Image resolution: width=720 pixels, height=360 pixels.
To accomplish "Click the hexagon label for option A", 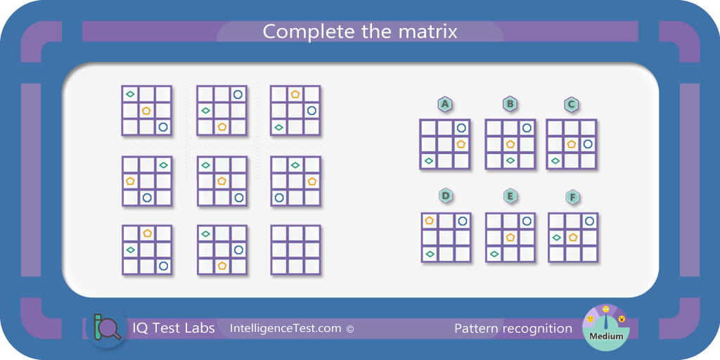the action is pyautogui.click(x=444, y=105).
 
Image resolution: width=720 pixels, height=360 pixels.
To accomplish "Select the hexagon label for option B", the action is pyautogui.click(x=510, y=104).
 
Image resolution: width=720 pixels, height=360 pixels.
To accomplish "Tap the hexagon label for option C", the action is pyautogui.click(x=571, y=105).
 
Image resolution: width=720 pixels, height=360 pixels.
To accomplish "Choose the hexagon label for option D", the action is pyautogui.click(x=445, y=196).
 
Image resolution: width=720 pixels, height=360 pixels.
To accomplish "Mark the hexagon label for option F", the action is pyautogui.click(x=572, y=198).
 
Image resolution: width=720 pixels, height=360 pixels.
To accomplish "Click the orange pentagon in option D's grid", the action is pyautogui.click(x=430, y=220).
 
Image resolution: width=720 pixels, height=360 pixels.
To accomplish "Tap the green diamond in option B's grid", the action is pyautogui.click(x=510, y=160).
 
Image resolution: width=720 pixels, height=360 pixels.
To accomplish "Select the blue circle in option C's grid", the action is pyautogui.click(x=588, y=144).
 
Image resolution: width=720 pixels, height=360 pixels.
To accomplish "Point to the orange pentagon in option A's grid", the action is pyautogui.click(x=461, y=143).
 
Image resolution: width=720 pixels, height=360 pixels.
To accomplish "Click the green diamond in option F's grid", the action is pyautogui.click(x=557, y=238).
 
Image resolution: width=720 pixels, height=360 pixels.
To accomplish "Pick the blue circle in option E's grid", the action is pyautogui.click(x=527, y=221).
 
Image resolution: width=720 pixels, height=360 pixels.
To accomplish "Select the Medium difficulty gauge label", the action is pyautogui.click(x=606, y=335).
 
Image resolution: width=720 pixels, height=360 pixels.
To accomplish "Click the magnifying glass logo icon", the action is pyautogui.click(x=108, y=328).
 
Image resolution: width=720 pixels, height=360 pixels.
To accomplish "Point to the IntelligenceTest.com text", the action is pyautogui.click(x=285, y=328).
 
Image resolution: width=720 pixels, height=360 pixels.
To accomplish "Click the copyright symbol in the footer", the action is pyautogui.click(x=350, y=329).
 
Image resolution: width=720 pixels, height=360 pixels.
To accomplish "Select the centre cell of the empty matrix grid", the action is pyautogui.click(x=296, y=250).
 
